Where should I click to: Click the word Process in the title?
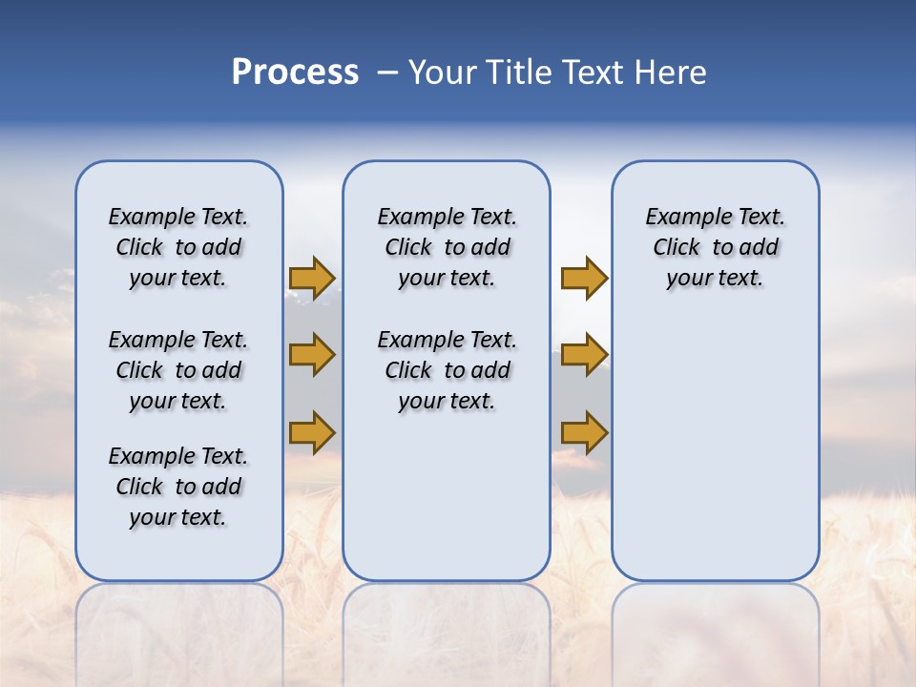295,73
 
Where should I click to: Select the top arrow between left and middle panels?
312,278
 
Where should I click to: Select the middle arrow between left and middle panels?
312,355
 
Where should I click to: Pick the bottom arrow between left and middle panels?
312,430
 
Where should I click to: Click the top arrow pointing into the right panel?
584,278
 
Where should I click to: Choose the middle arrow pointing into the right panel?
584,355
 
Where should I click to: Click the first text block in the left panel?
178,247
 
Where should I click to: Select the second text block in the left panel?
178,370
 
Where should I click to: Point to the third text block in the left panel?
178,487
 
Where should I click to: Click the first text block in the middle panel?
447,247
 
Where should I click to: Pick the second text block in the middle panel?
447,370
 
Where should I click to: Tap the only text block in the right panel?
716,247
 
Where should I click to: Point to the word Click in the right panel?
677,248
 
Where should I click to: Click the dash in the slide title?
387,73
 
